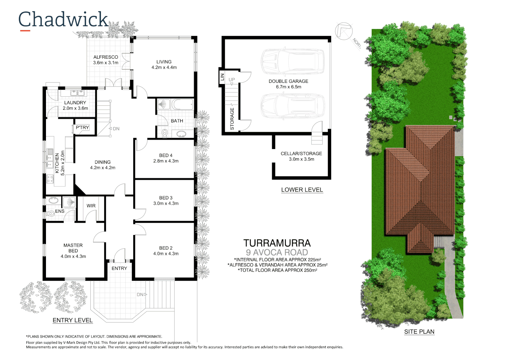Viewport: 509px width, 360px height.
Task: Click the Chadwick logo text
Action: coord(63,20)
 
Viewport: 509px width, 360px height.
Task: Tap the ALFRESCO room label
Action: coord(106,57)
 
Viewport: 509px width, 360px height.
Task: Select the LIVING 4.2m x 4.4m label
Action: coord(164,65)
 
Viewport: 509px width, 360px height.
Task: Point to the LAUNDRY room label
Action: coord(75,103)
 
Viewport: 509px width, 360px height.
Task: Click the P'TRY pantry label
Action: coord(82,128)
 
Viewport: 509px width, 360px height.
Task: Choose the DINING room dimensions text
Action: coord(103,168)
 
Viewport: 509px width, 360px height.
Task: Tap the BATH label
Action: coord(177,121)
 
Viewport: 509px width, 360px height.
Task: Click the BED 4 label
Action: coord(166,155)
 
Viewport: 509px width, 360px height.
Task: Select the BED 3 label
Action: coord(166,198)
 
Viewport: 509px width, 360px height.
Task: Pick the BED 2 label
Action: coord(166,248)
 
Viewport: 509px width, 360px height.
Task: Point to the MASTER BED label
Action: coord(73,248)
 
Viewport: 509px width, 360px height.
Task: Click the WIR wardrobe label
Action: coord(91,206)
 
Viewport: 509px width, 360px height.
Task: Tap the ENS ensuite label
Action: coord(60,211)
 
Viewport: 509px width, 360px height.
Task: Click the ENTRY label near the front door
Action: coord(119,268)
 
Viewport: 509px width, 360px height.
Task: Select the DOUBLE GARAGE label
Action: coord(288,81)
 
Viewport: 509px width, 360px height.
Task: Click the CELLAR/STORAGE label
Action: coord(301,154)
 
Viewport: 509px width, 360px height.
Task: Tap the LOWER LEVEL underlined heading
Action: coord(302,190)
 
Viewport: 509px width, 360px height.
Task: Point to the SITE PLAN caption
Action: coord(419,332)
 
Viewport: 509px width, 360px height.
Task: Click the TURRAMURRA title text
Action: coord(277,243)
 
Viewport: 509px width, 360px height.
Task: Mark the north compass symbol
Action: coord(344,31)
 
